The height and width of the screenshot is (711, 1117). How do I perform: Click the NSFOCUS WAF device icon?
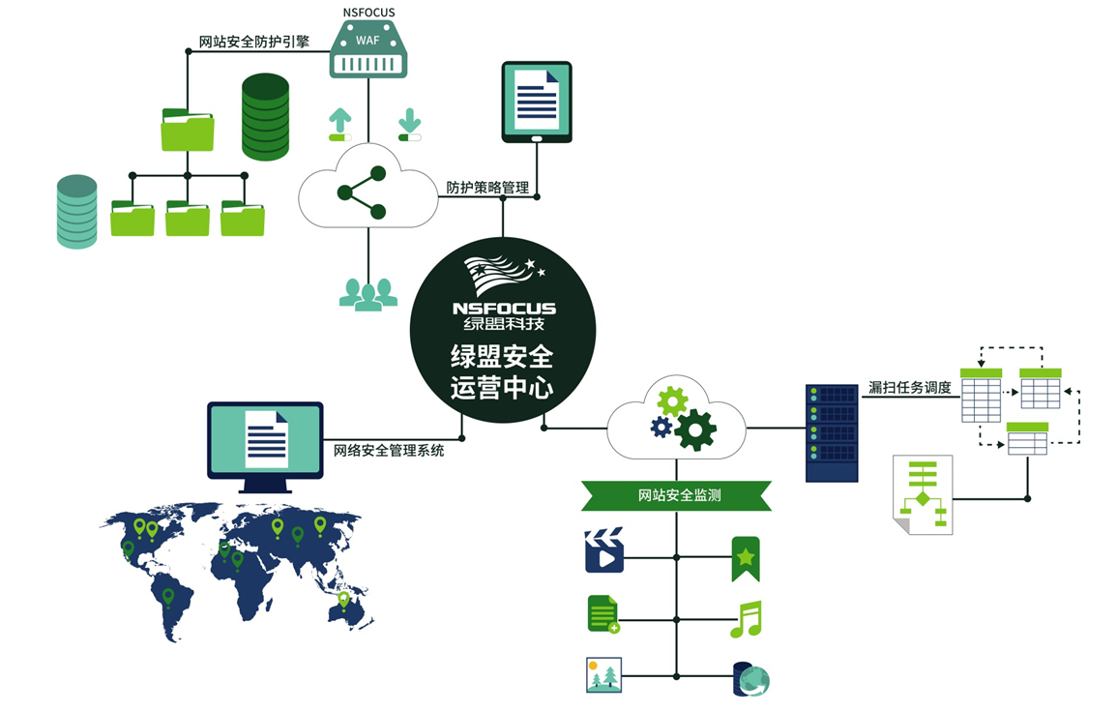[x=368, y=49]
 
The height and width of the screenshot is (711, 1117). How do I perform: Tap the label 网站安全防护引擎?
[x=253, y=42]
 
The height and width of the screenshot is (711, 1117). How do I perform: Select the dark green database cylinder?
[x=265, y=116]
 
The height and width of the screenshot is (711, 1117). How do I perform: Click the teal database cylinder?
[x=77, y=212]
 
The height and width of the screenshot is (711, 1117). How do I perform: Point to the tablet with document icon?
[x=537, y=102]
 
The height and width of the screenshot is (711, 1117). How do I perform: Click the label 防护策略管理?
[x=487, y=188]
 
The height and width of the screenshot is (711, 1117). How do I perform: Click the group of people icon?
[x=368, y=293]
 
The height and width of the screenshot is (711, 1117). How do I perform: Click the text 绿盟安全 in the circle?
[x=502, y=356]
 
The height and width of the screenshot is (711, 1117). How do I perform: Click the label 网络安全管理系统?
[x=389, y=450]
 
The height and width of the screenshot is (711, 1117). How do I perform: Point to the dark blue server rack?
[x=832, y=432]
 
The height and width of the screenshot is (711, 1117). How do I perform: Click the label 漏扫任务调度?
[x=909, y=388]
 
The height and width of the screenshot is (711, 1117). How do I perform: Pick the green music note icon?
[x=746, y=618]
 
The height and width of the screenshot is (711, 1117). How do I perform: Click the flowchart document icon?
[x=923, y=493]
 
